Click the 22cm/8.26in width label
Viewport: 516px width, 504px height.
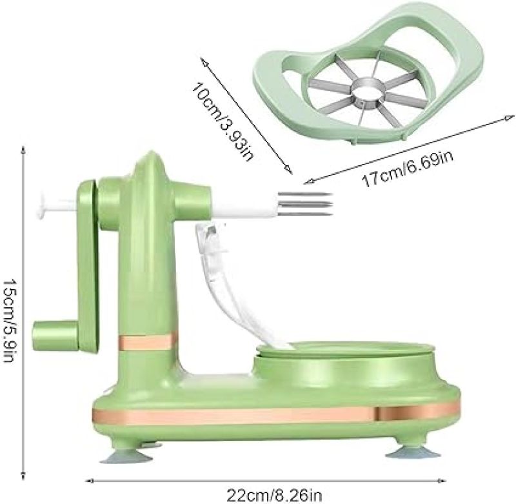[x=273, y=495]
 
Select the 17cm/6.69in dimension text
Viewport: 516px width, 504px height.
[x=408, y=168]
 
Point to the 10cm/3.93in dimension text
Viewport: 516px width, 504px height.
[x=223, y=121]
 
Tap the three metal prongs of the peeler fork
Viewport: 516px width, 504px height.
[x=304, y=204]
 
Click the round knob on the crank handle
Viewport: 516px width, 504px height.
[x=55, y=336]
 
